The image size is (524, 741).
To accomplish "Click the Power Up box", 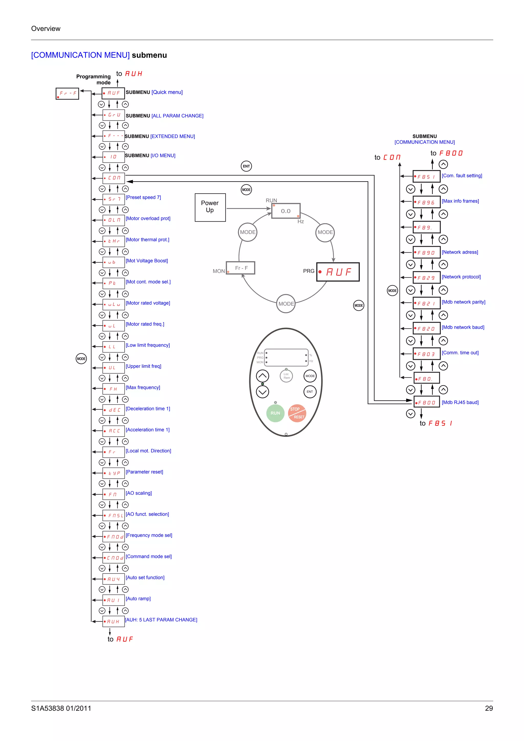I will point(210,207).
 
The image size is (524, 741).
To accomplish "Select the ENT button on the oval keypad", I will point(310,391).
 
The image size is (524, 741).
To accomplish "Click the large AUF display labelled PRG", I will point(338,272).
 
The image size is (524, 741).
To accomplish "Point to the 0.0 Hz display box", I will point(286,211).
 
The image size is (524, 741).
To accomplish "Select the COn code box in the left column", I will point(114,178).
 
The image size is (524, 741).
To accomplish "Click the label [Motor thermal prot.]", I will point(147,240).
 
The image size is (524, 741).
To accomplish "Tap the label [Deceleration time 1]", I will point(148,409).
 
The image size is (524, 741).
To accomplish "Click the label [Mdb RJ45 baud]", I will point(460,402).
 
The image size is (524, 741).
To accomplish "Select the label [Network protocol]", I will point(461,277).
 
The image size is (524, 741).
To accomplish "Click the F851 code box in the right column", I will point(426,176).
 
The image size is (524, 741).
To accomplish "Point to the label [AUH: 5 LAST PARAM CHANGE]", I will point(161,620).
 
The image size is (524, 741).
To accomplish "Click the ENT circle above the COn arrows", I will point(246,166).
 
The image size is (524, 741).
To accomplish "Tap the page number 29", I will point(488,708).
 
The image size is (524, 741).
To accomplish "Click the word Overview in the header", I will point(46,28).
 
